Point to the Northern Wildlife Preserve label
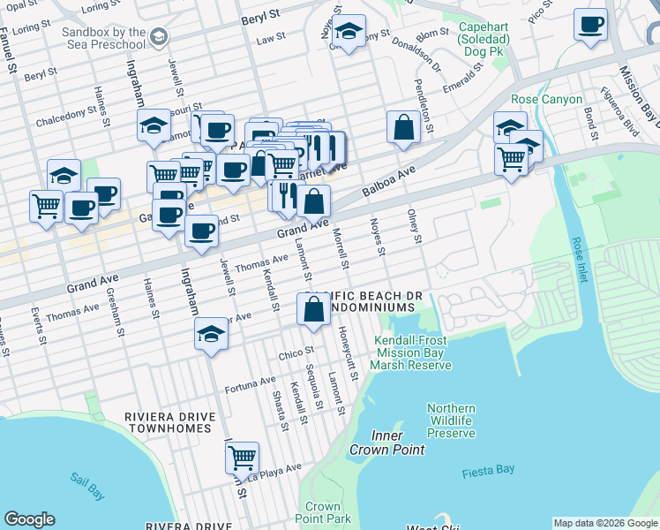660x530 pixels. click(451, 420)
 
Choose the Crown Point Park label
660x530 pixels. click(323, 512)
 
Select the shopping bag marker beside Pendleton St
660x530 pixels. click(403, 127)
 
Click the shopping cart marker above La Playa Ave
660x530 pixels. click(242, 458)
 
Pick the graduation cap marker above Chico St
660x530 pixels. click(211, 334)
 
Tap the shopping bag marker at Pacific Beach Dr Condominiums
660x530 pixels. click(313, 309)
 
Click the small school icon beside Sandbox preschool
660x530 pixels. click(158, 37)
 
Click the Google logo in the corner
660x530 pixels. click(29, 519)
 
